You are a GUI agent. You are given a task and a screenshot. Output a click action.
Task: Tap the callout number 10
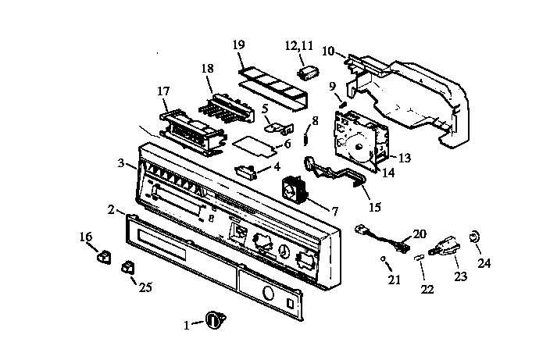[328, 51]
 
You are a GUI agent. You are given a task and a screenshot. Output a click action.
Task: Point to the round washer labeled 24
[473, 236]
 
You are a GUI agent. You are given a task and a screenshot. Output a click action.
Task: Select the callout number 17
[163, 91]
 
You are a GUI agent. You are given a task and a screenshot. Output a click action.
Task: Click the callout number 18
[207, 70]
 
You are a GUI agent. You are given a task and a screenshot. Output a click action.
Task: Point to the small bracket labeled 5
[273, 123]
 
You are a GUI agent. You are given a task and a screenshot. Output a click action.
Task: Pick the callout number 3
[121, 163]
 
